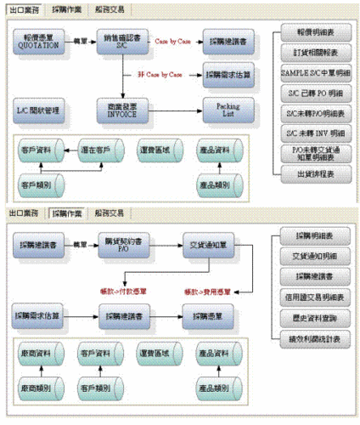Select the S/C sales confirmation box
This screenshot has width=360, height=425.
[x=121, y=42]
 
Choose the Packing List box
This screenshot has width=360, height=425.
[x=227, y=109]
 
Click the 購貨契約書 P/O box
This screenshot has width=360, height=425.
[x=121, y=246]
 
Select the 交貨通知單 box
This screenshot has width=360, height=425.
[x=206, y=246]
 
